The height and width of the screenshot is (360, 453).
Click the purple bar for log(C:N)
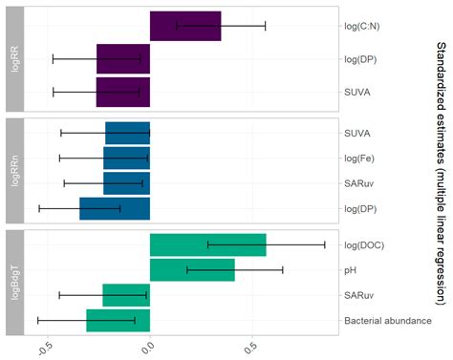pyautogui.click(x=185, y=26)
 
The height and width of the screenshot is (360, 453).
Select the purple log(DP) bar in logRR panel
pyautogui.click(x=123, y=59)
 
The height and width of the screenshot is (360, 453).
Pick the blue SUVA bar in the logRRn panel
pyautogui.click(x=127, y=133)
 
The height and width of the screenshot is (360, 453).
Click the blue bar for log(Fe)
pyautogui.click(x=126, y=158)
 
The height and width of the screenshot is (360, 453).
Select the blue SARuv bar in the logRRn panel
pyautogui.click(x=126, y=181)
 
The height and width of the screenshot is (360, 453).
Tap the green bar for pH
pyautogui.click(x=192, y=270)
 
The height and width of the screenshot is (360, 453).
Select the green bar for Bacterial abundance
pyautogui.click(x=119, y=321)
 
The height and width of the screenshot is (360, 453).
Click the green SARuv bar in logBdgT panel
pyautogui.click(x=126, y=295)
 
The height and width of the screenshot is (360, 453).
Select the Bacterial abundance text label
pyautogui.click(x=388, y=321)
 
